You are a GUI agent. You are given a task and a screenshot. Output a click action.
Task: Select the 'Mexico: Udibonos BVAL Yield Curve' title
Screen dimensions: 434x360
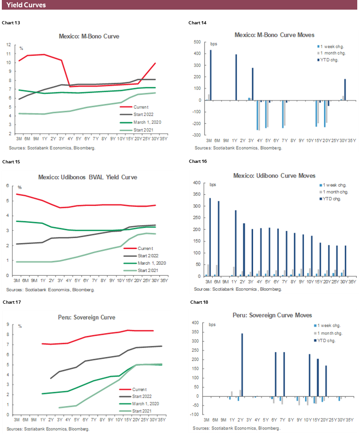point(89,177)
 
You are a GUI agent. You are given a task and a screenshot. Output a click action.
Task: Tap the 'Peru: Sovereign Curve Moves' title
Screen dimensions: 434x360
point(273,315)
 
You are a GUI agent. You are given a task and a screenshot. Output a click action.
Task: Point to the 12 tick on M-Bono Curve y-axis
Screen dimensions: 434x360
point(9,45)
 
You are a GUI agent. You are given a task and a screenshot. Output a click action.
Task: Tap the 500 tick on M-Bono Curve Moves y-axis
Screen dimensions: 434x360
point(197,42)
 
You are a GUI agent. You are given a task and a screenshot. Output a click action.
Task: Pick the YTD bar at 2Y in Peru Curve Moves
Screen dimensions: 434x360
point(242,365)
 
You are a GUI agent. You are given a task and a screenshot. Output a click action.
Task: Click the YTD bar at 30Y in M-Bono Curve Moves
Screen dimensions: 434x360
point(345,89)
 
